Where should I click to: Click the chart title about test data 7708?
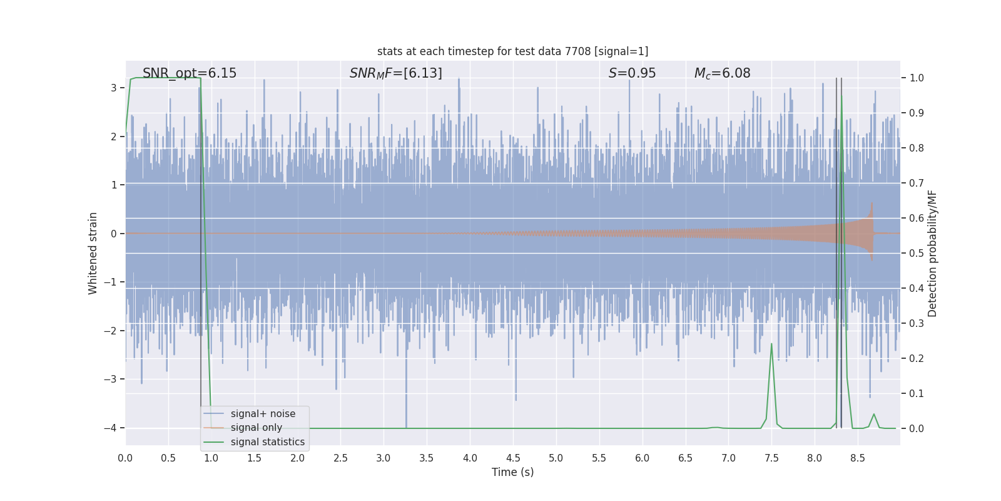tap(512, 51)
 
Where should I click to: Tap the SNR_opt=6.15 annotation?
tap(190, 73)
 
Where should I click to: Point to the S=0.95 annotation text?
tap(632, 73)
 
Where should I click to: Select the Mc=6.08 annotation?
tap(722, 73)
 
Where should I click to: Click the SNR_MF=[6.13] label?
tap(395, 73)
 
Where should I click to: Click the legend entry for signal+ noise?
tap(263, 414)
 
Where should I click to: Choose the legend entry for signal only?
tap(256, 428)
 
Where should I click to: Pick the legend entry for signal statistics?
tap(267, 442)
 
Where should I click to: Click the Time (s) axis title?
tap(512, 472)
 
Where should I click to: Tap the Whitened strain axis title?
tap(93, 253)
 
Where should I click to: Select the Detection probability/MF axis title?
tap(932, 253)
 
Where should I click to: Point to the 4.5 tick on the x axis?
tap(513, 458)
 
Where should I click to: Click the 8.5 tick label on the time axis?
tap(857, 458)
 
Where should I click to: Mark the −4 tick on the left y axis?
tap(110, 428)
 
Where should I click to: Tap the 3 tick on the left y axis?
tap(114, 88)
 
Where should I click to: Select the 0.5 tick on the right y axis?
tap(917, 253)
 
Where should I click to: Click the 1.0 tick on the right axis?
tap(917, 78)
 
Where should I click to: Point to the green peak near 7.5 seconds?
tap(771, 344)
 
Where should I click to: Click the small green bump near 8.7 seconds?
tap(874, 415)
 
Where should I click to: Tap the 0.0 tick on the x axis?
tap(125, 458)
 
